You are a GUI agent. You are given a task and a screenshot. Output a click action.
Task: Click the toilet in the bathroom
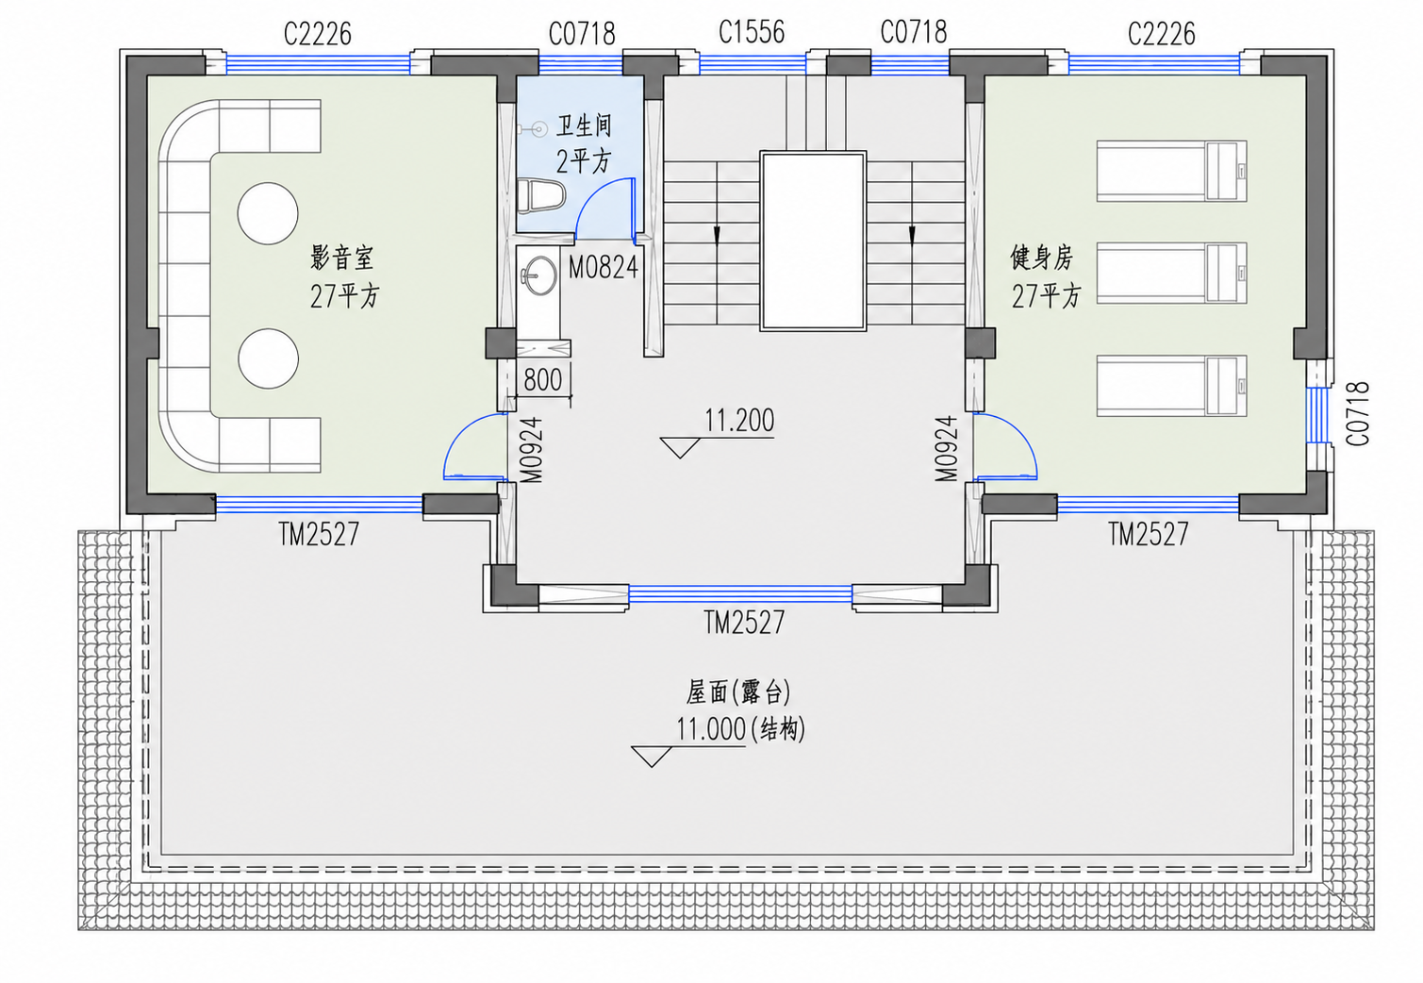tap(540, 195)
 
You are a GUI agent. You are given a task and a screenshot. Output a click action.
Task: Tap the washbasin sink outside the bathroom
tap(538, 275)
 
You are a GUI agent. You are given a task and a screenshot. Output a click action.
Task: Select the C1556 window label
tap(752, 32)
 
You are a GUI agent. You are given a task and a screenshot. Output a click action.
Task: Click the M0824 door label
tap(603, 268)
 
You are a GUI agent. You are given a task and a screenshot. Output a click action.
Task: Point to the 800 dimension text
tap(542, 380)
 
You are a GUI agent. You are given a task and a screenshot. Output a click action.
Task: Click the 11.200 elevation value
tap(738, 421)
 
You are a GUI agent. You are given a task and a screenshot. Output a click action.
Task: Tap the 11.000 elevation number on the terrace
tap(710, 729)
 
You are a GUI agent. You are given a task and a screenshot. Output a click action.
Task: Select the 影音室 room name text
tap(341, 258)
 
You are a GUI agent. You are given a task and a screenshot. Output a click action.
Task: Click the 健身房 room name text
tap(1042, 258)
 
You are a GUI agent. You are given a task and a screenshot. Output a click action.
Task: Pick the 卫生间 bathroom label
tap(584, 125)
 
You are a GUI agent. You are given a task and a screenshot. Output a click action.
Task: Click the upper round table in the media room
tap(268, 213)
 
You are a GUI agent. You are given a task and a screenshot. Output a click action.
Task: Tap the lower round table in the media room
tap(268, 358)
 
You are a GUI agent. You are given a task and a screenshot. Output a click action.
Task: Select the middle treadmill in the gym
tap(1171, 273)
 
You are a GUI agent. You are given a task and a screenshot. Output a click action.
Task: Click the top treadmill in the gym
tap(1171, 171)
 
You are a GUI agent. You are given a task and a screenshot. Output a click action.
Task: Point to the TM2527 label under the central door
tap(744, 623)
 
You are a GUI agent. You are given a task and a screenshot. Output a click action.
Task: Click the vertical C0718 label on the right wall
tap(1358, 413)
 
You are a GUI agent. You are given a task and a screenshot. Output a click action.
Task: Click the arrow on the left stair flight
tap(718, 235)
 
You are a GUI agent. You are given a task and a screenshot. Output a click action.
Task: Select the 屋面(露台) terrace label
tap(737, 692)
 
